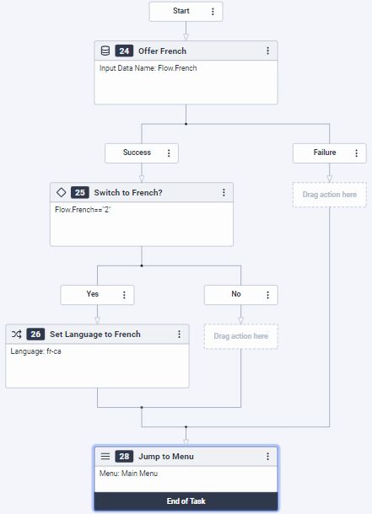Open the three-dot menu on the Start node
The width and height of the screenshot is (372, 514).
213,12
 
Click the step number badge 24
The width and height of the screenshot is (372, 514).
124,51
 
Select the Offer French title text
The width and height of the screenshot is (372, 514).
163,51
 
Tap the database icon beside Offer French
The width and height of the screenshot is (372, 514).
105,51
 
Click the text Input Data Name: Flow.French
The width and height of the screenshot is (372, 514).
154,68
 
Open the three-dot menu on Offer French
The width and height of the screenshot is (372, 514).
268,51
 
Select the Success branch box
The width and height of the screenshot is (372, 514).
137,153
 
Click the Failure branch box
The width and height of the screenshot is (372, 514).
325,153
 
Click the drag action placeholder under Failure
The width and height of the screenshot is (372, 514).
329,195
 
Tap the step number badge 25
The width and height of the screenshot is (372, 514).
80,192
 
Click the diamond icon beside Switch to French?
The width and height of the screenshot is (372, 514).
62,192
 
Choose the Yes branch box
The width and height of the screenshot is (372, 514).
93,294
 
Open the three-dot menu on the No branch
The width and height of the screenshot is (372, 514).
267,295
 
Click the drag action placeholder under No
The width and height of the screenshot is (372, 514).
240,336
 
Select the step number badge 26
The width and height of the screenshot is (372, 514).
35,334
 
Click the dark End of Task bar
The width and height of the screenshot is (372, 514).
185,501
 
